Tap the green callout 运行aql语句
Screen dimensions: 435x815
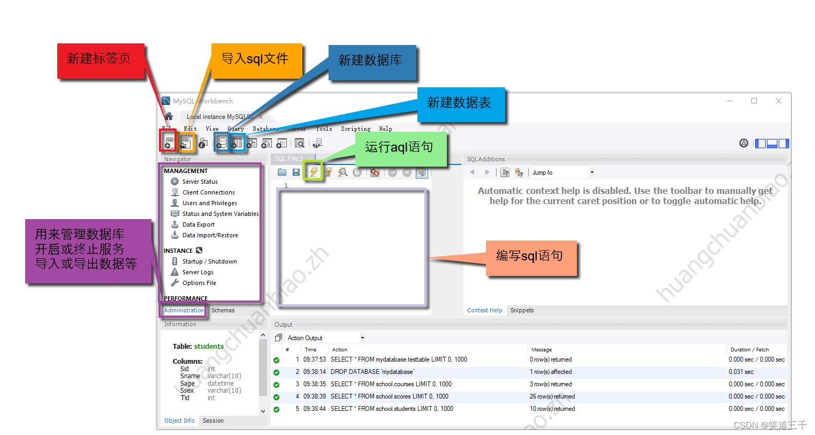pos(399,147)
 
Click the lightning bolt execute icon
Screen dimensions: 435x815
pos(314,172)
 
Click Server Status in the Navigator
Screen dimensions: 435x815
pos(200,182)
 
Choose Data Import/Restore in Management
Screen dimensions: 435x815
pos(210,235)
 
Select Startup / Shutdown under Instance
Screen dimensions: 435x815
pos(209,261)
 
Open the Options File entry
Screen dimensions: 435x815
pos(199,283)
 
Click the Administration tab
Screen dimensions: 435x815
pos(184,310)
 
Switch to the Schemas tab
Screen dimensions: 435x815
pos(223,310)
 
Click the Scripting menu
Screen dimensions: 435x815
pos(355,129)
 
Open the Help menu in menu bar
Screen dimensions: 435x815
pos(385,129)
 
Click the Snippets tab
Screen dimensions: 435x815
pos(522,310)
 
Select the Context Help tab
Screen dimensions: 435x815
pos(484,310)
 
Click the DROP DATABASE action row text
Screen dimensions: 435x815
pos(372,372)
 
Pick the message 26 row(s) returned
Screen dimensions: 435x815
pos(552,396)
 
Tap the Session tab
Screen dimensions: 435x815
pos(213,421)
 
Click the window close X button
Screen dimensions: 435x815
pos(779,101)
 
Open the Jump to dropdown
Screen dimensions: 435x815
pos(591,172)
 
